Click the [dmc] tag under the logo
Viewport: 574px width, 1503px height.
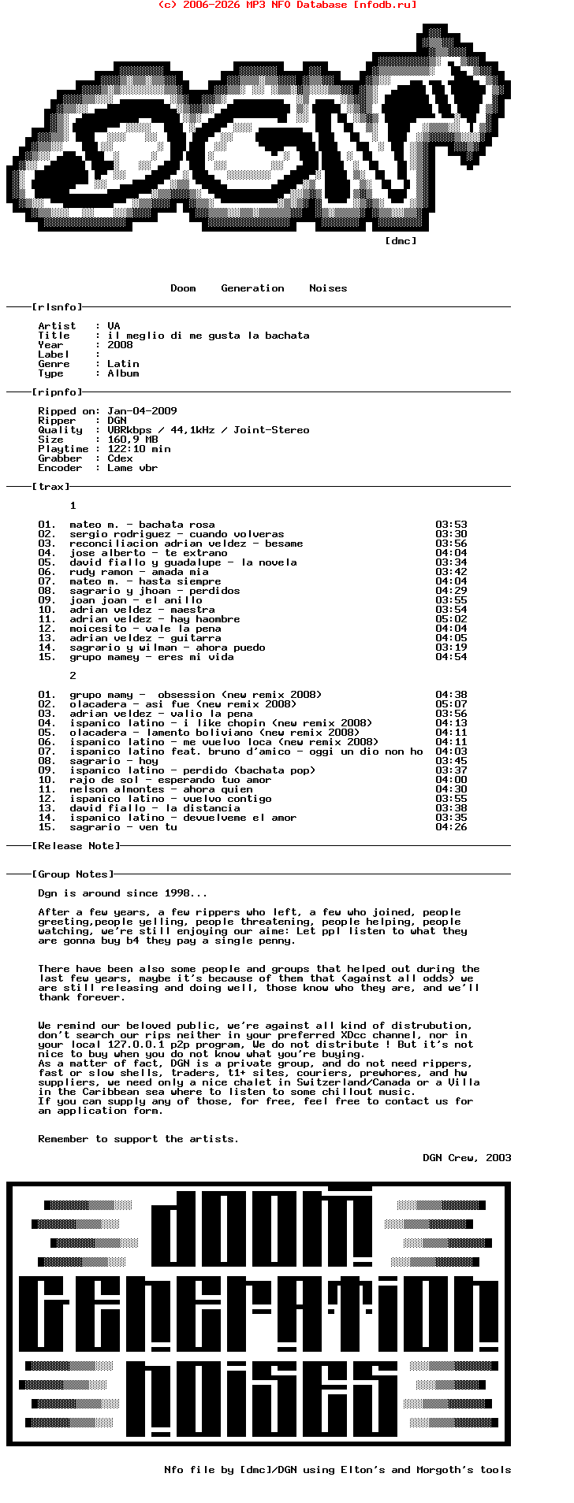coord(401,241)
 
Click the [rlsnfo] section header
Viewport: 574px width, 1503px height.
coord(57,307)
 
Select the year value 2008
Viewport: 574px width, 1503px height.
coord(120,345)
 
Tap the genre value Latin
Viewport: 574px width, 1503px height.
coord(123,364)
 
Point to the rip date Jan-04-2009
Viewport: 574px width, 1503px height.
coord(142,411)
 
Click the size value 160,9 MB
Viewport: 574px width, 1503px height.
coord(132,440)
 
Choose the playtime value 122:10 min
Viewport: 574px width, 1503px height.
coord(139,449)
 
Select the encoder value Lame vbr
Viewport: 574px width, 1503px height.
coord(132,468)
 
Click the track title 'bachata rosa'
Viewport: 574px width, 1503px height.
coord(177,525)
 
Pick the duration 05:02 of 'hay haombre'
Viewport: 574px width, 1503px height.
coord(451,619)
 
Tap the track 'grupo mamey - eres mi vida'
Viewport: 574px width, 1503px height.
coord(151,657)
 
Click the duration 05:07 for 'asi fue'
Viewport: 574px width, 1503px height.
coord(451,704)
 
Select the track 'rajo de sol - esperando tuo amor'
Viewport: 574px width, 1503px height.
coord(170,780)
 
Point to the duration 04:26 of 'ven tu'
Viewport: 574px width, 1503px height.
coord(451,827)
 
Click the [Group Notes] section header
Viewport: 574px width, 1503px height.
coord(73,874)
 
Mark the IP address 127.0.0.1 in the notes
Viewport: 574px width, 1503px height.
coord(136,1045)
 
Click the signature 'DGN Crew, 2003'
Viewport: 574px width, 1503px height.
coord(467,1158)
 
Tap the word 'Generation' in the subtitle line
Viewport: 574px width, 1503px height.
coord(252,288)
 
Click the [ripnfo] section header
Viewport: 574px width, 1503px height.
coord(57,392)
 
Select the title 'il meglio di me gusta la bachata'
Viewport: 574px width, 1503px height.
coord(208,336)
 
